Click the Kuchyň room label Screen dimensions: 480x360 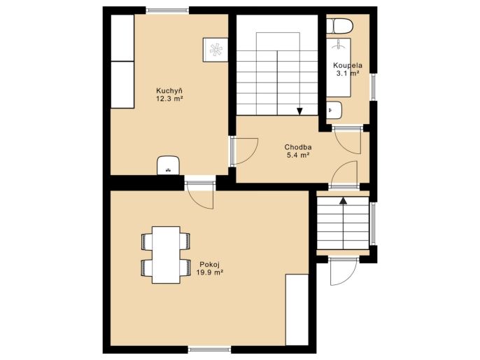169,90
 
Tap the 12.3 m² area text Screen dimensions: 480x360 169,98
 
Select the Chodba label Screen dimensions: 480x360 298,147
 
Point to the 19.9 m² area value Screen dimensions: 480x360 209,272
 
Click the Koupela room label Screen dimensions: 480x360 348,65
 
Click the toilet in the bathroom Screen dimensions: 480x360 339,26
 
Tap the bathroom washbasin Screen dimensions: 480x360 334,110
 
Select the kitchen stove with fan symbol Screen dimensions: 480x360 216,50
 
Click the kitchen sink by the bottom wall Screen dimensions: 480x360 168,165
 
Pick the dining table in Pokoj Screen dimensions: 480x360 166,255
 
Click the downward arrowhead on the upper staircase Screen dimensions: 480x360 299,111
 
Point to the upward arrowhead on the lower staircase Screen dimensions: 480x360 343,200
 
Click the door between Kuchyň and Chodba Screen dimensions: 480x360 244,151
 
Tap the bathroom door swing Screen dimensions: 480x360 348,139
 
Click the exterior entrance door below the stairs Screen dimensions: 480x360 344,272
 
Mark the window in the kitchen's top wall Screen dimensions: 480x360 167,11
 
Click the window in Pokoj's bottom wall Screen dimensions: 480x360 209,349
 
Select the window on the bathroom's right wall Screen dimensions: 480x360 374,87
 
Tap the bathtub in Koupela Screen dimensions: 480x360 338,68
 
